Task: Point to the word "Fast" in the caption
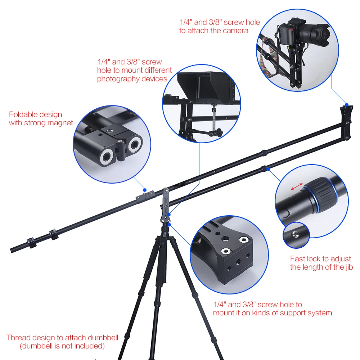click(298, 258)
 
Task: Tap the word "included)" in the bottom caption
click(88, 346)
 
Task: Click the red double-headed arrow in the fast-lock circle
click(297, 186)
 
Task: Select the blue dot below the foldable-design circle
click(144, 189)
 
